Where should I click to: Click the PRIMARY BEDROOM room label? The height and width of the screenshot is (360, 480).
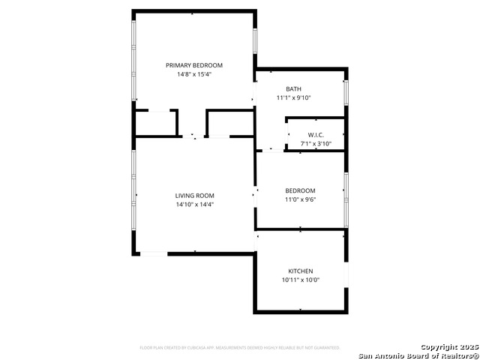(x=194, y=65)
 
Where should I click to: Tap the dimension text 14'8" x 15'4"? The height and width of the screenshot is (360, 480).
(x=194, y=74)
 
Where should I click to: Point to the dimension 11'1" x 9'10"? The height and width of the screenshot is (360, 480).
(x=293, y=97)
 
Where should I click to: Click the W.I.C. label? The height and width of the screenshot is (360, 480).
(x=315, y=135)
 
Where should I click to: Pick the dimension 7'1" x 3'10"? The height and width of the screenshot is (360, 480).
(x=315, y=143)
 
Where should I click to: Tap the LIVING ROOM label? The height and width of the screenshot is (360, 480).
(x=195, y=196)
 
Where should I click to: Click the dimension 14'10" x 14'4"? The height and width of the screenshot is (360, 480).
(x=195, y=204)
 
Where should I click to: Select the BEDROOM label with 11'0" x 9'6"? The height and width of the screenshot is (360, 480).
(x=300, y=190)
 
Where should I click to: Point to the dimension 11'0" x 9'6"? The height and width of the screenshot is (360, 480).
(x=300, y=199)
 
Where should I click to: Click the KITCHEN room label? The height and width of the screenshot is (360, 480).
(x=301, y=271)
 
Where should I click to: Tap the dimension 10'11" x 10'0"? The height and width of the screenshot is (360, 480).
(x=301, y=280)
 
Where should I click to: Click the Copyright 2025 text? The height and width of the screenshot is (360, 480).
(x=448, y=346)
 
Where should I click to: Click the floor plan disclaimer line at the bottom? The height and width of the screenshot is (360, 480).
(x=240, y=348)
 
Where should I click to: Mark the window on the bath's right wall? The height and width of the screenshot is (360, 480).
(x=346, y=91)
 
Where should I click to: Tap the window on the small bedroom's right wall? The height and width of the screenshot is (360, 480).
(x=346, y=199)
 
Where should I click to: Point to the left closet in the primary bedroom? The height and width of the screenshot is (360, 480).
(x=155, y=123)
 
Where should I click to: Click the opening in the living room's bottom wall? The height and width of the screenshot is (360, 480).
(x=154, y=253)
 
